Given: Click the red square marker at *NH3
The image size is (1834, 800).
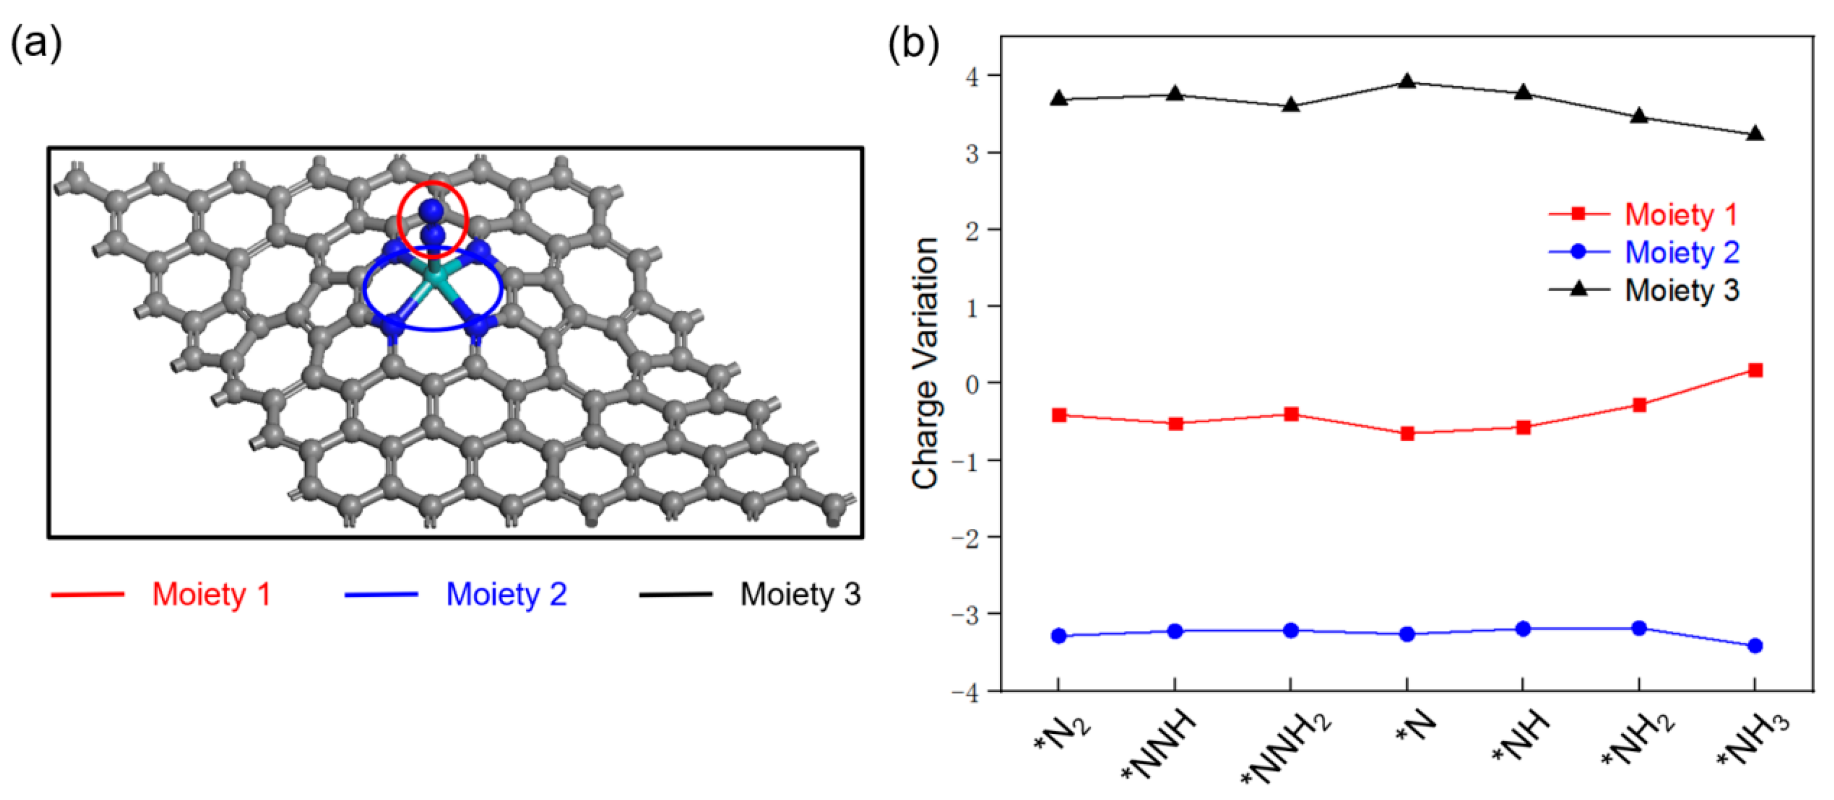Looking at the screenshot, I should point(1755,370).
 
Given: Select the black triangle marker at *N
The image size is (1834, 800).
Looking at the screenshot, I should point(1407,82).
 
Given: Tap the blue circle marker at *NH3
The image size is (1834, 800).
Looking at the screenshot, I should point(1755,645).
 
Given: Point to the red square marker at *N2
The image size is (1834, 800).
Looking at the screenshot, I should point(1059,415).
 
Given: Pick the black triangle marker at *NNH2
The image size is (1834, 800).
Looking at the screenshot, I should point(1291,106).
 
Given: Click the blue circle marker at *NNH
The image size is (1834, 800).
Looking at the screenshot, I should point(1175,631).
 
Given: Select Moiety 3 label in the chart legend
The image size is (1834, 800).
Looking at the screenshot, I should point(1682,290).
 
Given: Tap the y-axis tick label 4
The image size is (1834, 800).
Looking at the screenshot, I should point(973,77).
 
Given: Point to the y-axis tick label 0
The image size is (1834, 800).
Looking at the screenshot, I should point(973,385).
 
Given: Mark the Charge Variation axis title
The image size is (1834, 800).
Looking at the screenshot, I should point(925,363).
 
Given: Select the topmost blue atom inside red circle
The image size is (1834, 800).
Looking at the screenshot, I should point(431,210).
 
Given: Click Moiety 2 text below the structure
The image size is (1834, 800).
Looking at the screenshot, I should point(506,594).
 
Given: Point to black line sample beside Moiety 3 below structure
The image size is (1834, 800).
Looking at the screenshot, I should point(675,594).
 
